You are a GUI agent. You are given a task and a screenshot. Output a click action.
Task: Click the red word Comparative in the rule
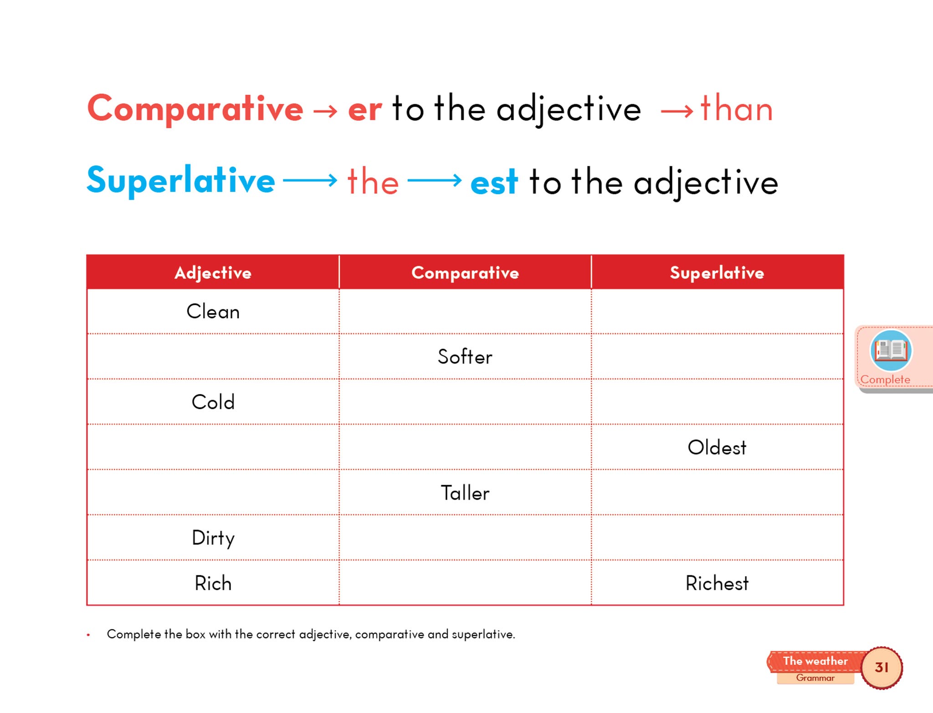[195, 108]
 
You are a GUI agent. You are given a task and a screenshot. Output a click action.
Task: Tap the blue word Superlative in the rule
[181, 181]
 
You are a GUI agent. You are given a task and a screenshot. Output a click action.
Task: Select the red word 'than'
[737, 108]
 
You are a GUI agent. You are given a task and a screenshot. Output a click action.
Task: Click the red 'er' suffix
[365, 111]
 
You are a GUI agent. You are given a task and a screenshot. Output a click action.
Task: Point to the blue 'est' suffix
[494, 183]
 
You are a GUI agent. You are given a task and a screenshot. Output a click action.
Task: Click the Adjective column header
[213, 273]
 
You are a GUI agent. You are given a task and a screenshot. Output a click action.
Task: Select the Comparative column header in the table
[465, 273]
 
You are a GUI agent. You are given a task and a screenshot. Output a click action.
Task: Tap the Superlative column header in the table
[717, 273]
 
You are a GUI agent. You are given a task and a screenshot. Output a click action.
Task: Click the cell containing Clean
[213, 311]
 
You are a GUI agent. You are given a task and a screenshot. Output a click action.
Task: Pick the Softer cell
[465, 356]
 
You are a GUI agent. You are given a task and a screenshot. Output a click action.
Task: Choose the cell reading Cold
[213, 402]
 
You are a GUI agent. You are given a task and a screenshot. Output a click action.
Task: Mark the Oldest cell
[717, 447]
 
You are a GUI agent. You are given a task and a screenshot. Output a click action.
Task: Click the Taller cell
[465, 492]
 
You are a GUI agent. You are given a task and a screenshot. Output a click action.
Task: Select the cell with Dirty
[213, 537]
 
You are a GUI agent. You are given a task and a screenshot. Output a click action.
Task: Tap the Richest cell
[717, 583]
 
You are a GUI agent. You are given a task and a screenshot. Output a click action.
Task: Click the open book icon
[891, 350]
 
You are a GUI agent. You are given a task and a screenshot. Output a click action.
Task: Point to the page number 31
[882, 667]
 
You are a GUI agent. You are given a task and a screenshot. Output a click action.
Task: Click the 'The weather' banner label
[815, 661]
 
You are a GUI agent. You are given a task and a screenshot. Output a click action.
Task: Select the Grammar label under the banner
[815, 678]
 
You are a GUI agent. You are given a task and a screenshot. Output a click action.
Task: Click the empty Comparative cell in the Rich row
[465, 583]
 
